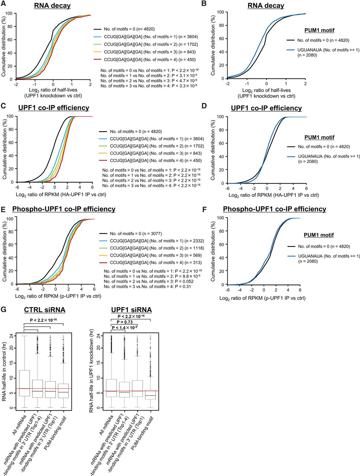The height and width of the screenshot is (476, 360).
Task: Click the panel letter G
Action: click(4, 310)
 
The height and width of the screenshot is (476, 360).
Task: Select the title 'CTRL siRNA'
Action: click(45, 310)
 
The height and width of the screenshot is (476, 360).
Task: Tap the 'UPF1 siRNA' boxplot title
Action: click(131, 310)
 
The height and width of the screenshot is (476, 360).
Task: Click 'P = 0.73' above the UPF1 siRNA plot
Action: click(125, 322)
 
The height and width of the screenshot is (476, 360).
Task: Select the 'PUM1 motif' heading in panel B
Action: click(319, 30)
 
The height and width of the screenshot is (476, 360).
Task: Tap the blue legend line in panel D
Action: click(291, 156)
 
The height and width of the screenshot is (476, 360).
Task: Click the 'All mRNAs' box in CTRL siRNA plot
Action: click(24, 383)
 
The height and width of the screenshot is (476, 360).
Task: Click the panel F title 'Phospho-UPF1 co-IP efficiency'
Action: click(274, 209)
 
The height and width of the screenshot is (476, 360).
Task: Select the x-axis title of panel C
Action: click(61, 195)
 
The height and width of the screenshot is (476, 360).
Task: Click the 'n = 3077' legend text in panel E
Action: click(153, 234)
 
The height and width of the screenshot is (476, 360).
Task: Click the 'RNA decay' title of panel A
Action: click(52, 6)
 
